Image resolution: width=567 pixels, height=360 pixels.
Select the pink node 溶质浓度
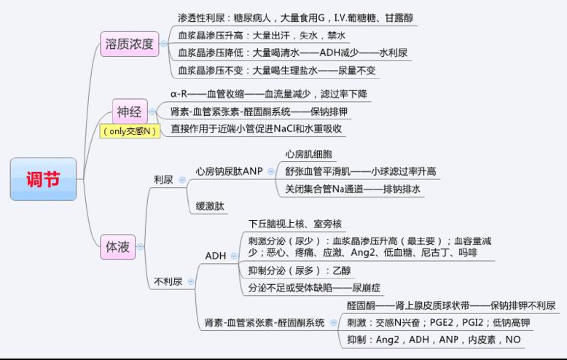click(x=128, y=44)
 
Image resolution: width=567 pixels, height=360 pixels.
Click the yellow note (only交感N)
click(x=130, y=131)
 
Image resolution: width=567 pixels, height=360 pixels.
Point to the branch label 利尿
click(x=163, y=179)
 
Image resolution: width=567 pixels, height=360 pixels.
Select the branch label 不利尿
click(x=168, y=281)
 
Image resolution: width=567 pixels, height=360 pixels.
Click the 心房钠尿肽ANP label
click(x=229, y=171)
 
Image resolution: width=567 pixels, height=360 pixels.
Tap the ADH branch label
click(x=216, y=256)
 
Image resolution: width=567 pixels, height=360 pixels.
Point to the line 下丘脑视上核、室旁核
click(x=295, y=224)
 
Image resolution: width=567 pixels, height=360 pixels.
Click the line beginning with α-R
click(x=259, y=95)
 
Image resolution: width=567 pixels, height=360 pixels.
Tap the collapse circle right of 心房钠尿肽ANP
click(x=272, y=171)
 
